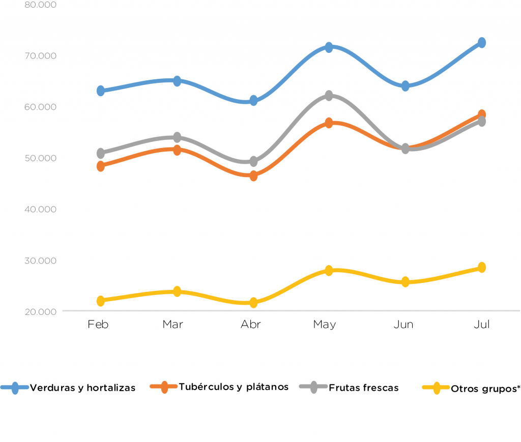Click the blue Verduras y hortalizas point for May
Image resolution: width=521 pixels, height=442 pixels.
(329, 47)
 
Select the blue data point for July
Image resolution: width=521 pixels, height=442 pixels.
(481, 43)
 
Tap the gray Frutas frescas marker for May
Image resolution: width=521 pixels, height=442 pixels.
(329, 96)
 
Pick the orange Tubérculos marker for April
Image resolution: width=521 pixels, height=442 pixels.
(253, 176)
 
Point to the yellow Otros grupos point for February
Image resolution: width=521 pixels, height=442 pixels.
(101, 301)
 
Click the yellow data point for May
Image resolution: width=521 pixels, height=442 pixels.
(329, 270)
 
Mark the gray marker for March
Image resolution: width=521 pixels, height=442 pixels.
(177, 137)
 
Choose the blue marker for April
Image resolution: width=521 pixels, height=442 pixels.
(253, 100)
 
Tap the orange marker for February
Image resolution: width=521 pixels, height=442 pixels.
(101, 166)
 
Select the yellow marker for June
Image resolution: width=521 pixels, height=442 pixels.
(406, 282)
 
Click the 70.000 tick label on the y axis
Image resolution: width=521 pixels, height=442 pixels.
(40, 55)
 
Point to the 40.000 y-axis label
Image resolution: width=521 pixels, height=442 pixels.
(40, 209)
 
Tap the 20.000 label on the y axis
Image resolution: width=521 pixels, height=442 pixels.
(40, 311)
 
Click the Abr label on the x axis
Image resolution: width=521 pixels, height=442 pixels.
(251, 325)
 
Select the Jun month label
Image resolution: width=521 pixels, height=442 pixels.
(403, 325)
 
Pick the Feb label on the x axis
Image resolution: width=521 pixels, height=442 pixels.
(98, 325)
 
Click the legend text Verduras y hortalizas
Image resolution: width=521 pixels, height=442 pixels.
(83, 388)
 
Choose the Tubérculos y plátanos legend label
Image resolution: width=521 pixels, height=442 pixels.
(234, 387)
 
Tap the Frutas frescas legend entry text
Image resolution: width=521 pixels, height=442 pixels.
(364, 388)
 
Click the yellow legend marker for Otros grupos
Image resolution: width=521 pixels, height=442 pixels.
(436, 388)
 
